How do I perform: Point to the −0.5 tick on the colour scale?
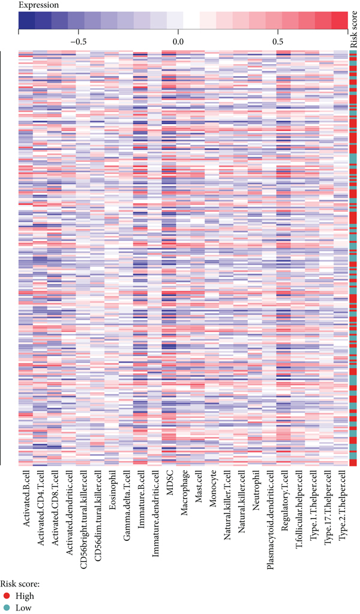coord(79,43)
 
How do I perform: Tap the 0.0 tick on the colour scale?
coord(178,43)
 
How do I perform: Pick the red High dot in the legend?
coord(5,596)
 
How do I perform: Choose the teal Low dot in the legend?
coord(5,607)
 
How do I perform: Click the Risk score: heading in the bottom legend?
coord(20,584)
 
